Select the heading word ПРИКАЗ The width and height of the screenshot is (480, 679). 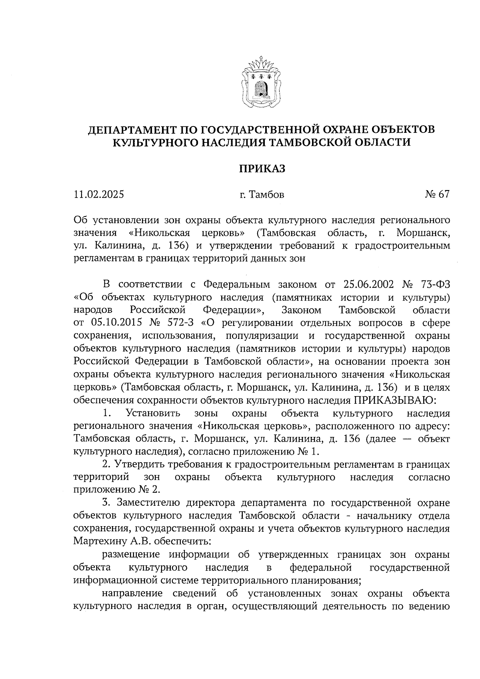(262, 169)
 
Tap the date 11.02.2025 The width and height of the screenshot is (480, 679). (99, 195)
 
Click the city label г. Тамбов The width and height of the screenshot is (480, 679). (262, 195)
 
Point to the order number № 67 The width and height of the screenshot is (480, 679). (437, 194)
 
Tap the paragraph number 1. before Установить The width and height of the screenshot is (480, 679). (106, 413)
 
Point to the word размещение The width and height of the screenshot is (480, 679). (131, 555)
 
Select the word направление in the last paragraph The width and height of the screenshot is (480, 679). (132, 593)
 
